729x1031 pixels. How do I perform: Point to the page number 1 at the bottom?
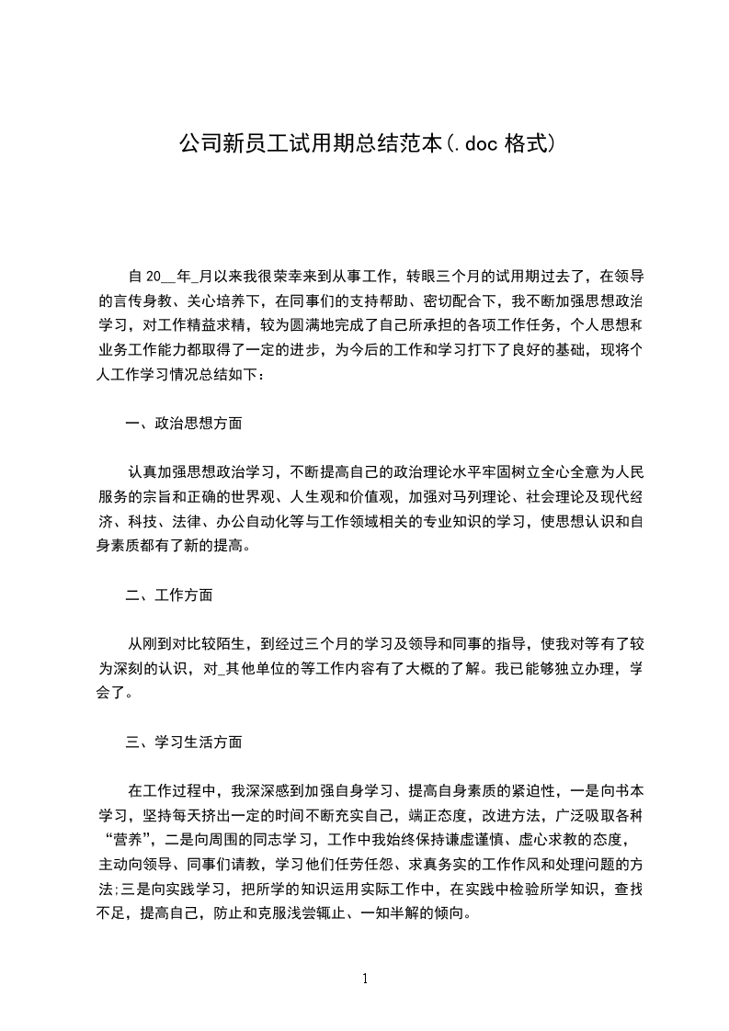click(365, 978)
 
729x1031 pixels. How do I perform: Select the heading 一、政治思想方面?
click(184, 424)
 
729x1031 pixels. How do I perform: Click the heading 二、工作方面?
click(169, 595)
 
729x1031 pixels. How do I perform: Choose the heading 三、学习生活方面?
click(184, 741)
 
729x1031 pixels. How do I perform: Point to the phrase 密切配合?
click(457, 300)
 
